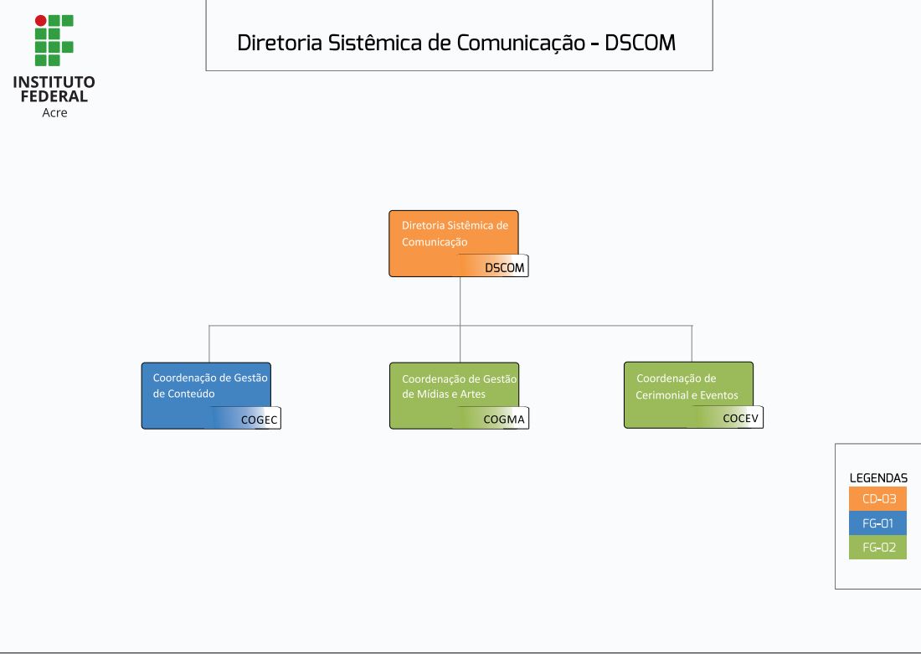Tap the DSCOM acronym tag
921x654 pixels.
(504, 268)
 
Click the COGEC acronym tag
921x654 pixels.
(259, 420)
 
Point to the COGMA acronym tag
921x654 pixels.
(504, 420)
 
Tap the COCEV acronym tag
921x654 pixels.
(740, 419)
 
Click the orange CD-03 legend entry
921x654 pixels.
(878, 499)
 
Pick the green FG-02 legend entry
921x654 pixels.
(878, 548)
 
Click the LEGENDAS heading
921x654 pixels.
(878, 478)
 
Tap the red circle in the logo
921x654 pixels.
(40, 20)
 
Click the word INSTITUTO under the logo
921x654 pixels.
(54, 82)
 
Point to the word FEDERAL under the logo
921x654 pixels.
(54, 96)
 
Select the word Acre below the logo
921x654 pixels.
(54, 112)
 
